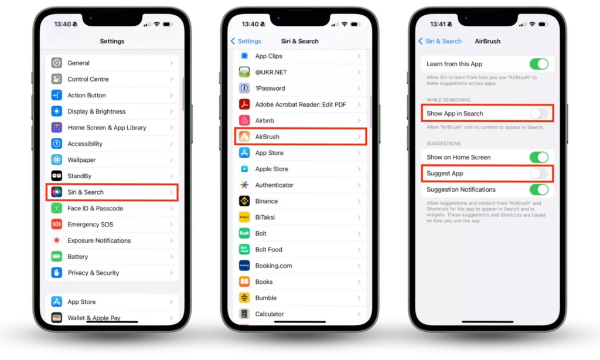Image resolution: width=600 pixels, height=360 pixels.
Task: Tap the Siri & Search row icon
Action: tap(57, 192)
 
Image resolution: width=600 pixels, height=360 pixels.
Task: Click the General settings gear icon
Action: tap(57, 63)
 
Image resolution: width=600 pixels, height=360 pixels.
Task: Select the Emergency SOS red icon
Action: tap(57, 224)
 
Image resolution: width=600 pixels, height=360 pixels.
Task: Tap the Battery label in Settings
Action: tap(78, 257)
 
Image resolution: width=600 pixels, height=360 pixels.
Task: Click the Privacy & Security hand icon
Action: tap(57, 273)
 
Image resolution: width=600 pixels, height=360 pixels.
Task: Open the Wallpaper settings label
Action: tap(81, 159)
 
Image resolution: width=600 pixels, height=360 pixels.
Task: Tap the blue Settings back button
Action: tap(246, 41)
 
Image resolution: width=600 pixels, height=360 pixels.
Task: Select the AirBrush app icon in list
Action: tap(244, 137)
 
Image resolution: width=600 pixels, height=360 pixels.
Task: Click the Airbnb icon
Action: tap(244, 120)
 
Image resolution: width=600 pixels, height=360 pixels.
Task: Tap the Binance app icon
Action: tap(244, 201)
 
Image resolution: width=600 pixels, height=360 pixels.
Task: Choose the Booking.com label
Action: tap(274, 266)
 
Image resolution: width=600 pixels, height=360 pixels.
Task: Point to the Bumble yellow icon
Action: tap(244, 298)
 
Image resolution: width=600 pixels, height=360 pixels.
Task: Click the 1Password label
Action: tap(270, 88)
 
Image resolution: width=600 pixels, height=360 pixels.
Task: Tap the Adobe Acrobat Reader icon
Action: tap(244, 104)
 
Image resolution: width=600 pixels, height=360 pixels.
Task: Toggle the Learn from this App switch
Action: tap(539, 64)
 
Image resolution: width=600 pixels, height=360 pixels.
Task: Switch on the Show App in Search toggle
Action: tap(539, 113)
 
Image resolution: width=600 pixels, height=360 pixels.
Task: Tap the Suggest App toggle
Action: tap(539, 174)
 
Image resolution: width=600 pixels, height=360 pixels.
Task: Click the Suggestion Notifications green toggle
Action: tap(539, 189)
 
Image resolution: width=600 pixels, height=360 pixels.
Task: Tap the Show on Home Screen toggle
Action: tap(539, 157)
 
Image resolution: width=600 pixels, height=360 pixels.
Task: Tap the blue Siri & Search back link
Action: tap(440, 41)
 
